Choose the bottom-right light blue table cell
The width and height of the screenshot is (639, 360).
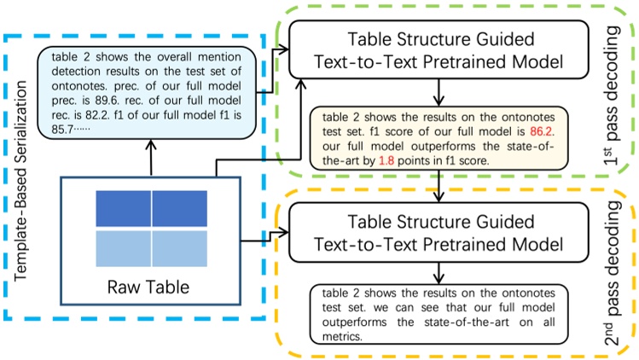point(179,247)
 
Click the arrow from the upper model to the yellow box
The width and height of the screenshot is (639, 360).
point(437,92)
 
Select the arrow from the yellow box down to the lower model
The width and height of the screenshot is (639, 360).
point(437,190)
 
